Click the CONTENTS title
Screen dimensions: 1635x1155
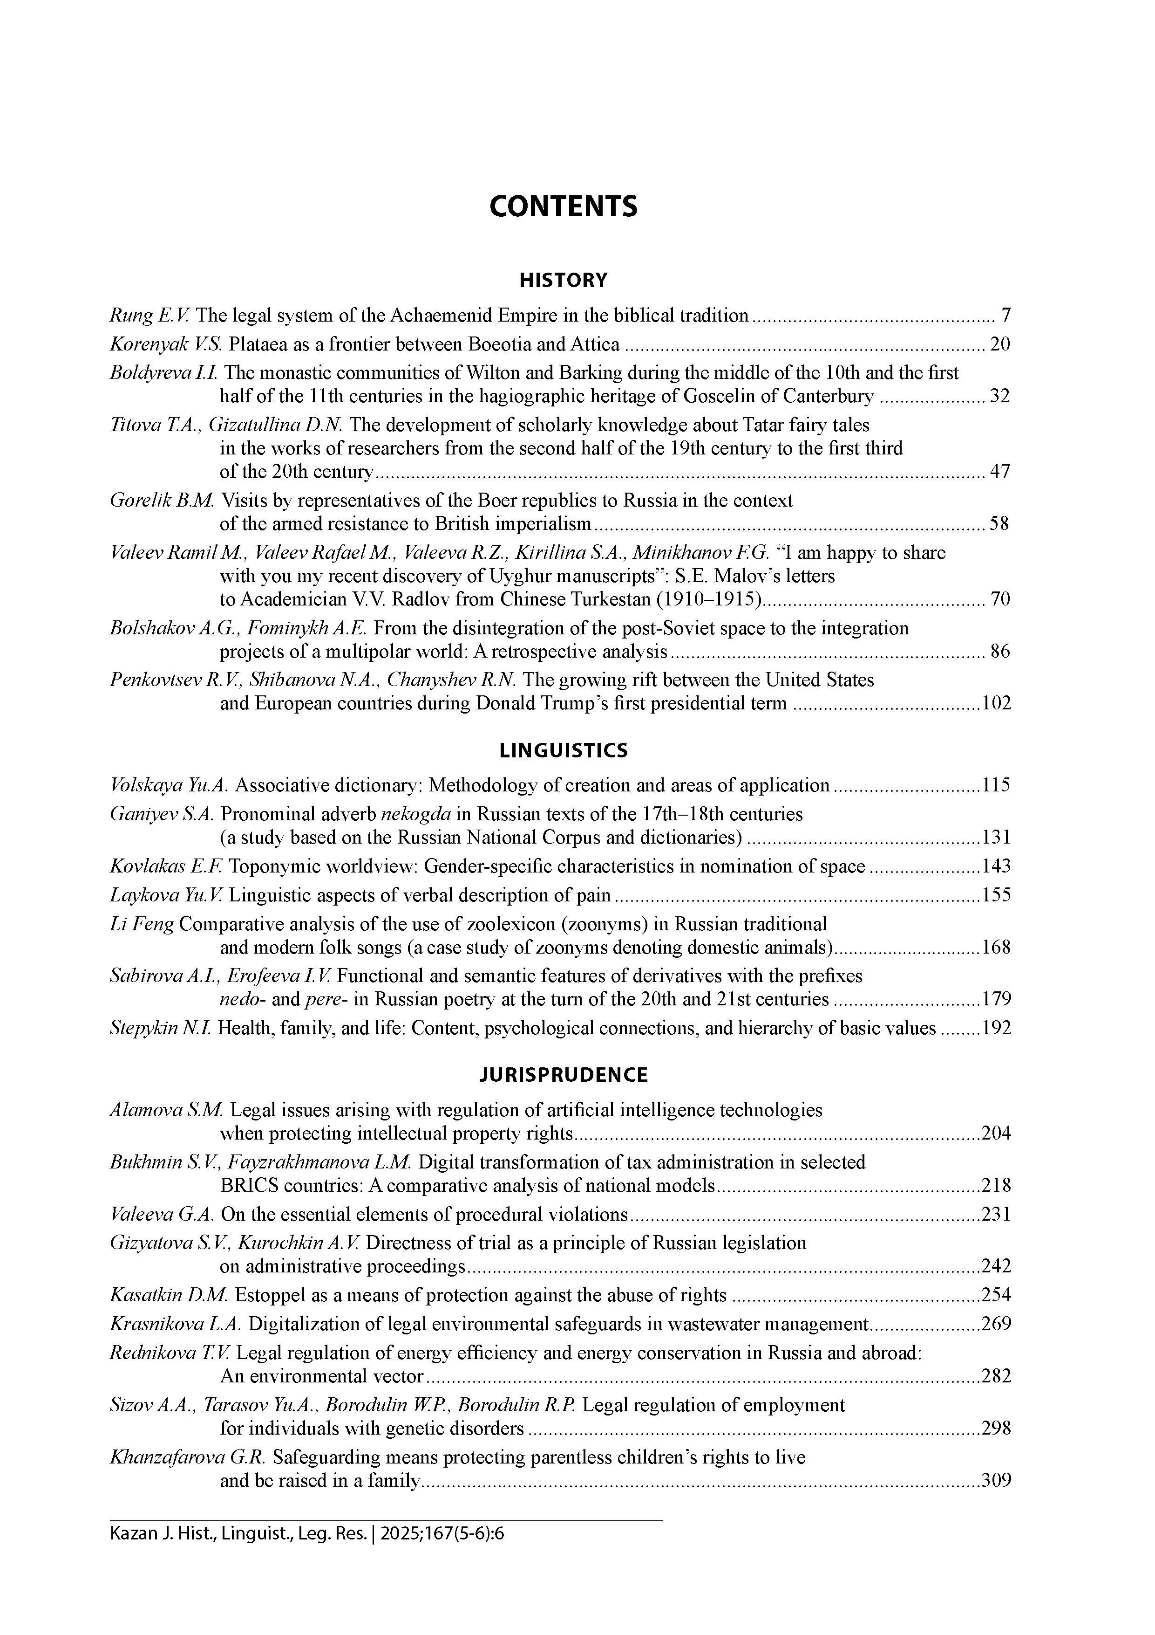(x=563, y=206)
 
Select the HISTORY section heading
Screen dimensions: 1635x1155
(x=563, y=281)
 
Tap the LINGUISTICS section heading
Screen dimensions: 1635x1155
(x=563, y=750)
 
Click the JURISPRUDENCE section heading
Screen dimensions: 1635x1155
(x=563, y=1075)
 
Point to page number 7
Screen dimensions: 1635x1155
(x=1005, y=316)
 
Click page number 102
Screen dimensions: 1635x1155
(x=996, y=704)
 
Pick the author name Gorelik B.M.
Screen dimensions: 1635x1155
(x=162, y=501)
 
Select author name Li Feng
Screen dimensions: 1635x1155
(x=142, y=924)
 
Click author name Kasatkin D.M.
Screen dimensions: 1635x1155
(x=169, y=1295)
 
